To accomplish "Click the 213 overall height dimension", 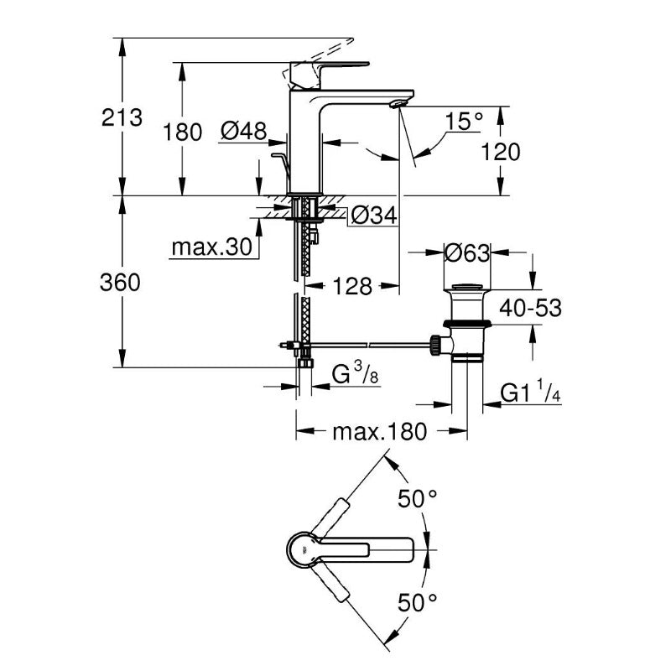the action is point(122,117).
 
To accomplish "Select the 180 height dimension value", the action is point(182,133).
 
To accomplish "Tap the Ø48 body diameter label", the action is point(243,131).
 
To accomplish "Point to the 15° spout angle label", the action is point(464,121).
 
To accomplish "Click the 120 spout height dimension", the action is point(501,152).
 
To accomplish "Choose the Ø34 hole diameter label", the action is point(373,216).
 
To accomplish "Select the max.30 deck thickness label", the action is point(212,247).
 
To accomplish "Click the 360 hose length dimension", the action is point(120,283).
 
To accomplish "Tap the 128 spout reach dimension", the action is point(352,286).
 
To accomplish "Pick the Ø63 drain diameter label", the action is point(467,252).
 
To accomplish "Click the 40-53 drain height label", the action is point(530,308).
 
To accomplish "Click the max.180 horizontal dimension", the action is point(380,432).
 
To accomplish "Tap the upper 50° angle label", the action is point(417,498).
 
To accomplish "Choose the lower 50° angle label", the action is point(417,603).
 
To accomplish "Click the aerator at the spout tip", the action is point(398,103).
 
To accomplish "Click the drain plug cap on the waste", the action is point(467,287).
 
